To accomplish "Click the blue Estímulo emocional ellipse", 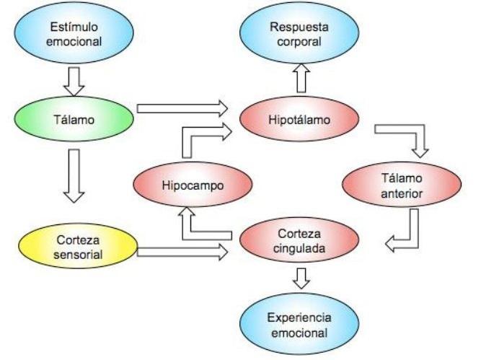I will (74, 33).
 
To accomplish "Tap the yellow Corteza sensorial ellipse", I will (74, 246).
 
